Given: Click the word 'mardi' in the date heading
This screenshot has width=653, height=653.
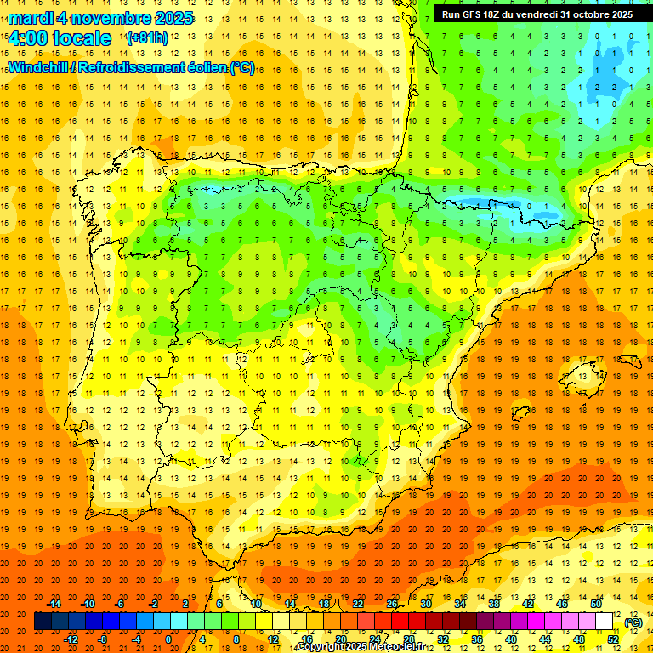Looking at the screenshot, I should [x=30, y=18].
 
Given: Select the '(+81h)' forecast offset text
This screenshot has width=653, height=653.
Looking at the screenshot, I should [x=146, y=38].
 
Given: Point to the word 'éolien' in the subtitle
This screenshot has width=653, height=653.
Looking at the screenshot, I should [x=203, y=67].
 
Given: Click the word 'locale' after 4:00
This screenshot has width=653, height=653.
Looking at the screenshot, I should [x=80, y=38].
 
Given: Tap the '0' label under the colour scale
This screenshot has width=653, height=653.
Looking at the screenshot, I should [x=168, y=639].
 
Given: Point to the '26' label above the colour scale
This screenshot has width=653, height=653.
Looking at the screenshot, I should [x=392, y=604].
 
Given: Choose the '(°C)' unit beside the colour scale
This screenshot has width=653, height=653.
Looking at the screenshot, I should [x=633, y=622].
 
